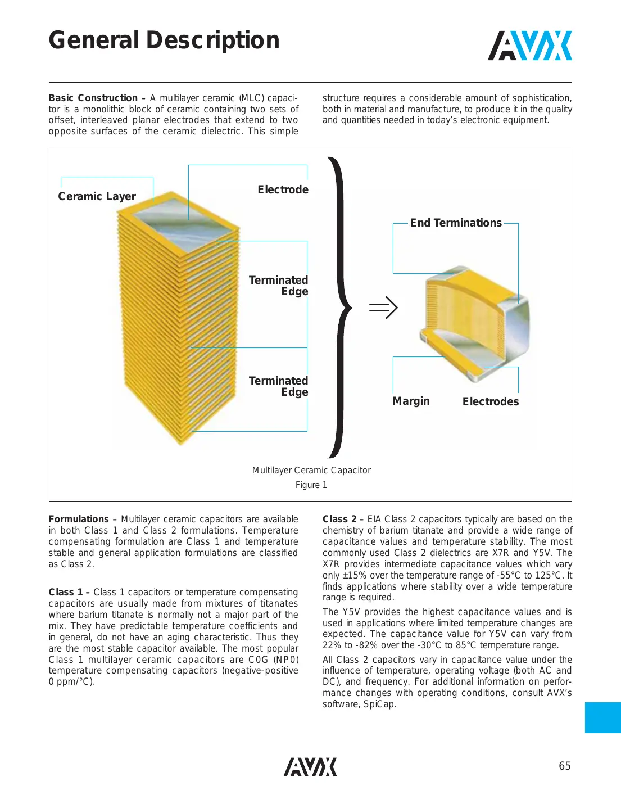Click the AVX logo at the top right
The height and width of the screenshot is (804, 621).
(x=529, y=46)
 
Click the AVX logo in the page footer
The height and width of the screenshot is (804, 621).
(x=310, y=767)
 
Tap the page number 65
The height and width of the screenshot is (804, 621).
(x=564, y=766)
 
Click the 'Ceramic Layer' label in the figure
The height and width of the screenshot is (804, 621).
(x=97, y=196)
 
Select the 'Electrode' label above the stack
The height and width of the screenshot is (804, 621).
(x=283, y=189)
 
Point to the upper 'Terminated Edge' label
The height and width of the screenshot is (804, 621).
(x=279, y=286)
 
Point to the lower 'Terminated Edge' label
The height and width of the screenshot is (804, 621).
(x=279, y=386)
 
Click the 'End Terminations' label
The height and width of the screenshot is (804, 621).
(x=455, y=223)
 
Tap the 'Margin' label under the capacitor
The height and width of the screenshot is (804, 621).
(x=411, y=401)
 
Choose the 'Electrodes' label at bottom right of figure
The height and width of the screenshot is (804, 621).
(x=490, y=401)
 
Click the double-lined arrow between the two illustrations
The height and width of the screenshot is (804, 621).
(x=383, y=308)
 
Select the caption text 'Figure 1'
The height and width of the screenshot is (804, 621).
(x=311, y=485)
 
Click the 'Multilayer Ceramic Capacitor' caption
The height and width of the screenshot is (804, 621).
(x=311, y=470)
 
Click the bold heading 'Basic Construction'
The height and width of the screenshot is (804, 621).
(x=93, y=98)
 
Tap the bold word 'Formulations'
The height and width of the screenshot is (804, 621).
(x=79, y=519)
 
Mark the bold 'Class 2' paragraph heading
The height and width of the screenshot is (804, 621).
(x=339, y=519)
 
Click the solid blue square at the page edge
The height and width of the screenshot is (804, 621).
(x=602, y=717)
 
